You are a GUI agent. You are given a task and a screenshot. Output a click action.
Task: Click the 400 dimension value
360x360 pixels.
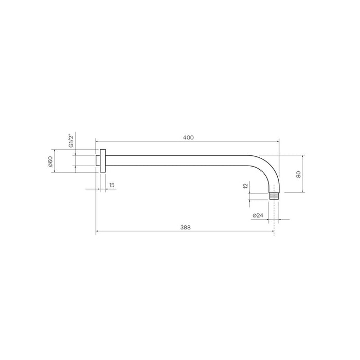pos(188,137)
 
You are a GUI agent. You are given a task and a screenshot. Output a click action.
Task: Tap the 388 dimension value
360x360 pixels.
pos(185,228)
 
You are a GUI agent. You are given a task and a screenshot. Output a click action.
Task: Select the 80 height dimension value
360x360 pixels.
pos(298,174)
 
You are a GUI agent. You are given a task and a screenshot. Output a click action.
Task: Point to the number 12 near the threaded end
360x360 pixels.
pos(245,187)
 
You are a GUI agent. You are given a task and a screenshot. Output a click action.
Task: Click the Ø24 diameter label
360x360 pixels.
pos(258,215)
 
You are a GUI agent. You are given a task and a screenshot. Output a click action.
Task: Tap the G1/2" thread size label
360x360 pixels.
pos(71,141)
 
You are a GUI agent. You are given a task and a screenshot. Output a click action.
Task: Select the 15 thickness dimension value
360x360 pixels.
pos(112,185)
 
